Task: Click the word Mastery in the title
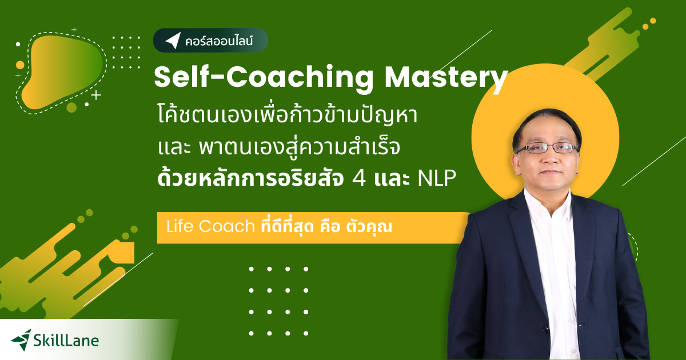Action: [446, 78]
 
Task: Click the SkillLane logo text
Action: [66, 341]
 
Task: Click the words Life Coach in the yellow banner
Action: [210, 226]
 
